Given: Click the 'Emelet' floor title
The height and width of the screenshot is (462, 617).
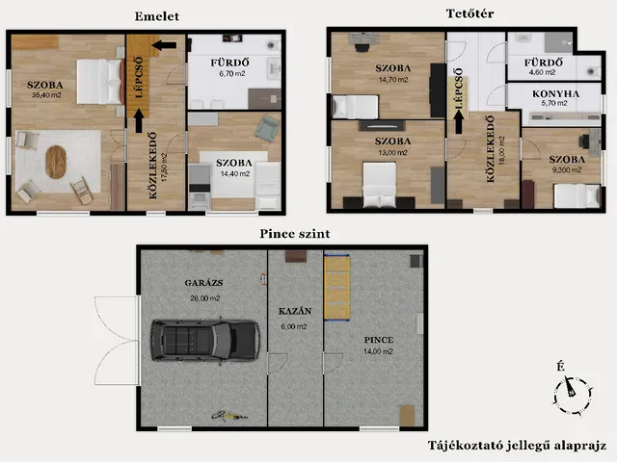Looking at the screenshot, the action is click(x=156, y=16).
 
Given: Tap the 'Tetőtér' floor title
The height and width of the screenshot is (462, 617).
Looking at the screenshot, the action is click(x=469, y=13).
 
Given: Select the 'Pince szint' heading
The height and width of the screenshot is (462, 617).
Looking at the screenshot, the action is click(x=295, y=234).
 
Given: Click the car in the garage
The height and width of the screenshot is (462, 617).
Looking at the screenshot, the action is click(x=205, y=340).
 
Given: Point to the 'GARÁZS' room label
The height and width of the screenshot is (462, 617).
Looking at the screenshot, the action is click(x=203, y=283).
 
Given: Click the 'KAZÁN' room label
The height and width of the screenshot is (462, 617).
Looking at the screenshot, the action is click(x=295, y=311).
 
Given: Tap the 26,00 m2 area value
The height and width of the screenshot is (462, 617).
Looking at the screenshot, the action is click(x=205, y=298).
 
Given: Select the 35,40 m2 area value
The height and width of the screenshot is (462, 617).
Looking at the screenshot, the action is click(x=46, y=95).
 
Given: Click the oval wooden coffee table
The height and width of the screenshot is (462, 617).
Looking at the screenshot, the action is click(x=56, y=162).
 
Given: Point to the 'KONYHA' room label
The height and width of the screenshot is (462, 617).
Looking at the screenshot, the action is click(x=555, y=94).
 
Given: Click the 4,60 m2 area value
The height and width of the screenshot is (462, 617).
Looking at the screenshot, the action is click(x=542, y=73).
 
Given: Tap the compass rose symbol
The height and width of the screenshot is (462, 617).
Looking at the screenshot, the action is click(x=573, y=395).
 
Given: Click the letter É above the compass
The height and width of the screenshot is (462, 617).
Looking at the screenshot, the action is click(x=561, y=367).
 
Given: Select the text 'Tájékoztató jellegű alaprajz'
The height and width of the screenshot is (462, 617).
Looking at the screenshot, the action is click(x=517, y=446).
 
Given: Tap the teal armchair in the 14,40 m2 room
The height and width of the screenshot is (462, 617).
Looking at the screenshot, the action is click(x=267, y=129).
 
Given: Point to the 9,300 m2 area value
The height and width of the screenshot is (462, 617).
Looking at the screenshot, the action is click(x=566, y=170).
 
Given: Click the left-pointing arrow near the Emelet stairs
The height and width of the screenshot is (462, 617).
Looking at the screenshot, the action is click(x=164, y=45).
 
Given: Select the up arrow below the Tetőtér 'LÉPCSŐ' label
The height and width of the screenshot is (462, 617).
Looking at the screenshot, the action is click(x=459, y=122).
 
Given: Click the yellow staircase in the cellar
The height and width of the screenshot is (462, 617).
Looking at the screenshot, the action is click(x=336, y=287).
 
